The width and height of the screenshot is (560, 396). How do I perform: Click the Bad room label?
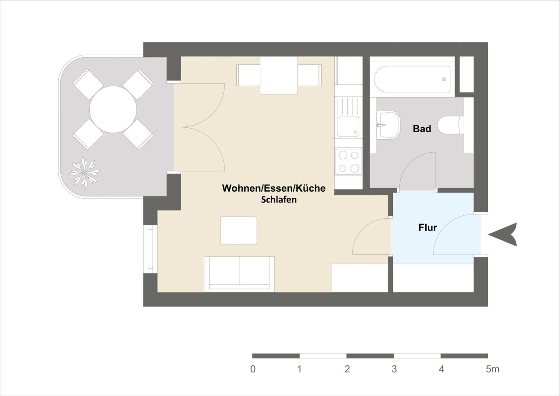pyautogui.click(x=422, y=129)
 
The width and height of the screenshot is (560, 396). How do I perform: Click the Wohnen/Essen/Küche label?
pyautogui.click(x=274, y=188)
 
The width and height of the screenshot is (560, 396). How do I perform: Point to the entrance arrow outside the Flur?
pyautogui.click(x=503, y=235)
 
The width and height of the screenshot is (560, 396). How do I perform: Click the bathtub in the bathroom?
pyautogui.click(x=412, y=79)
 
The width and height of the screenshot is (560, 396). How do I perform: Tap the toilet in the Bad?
pyautogui.click(x=451, y=125)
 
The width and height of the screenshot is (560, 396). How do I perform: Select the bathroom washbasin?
pyautogui.click(x=388, y=125)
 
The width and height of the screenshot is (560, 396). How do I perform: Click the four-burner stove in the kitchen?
pyautogui.click(x=348, y=161)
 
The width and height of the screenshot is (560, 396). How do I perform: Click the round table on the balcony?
pyautogui.click(x=113, y=109)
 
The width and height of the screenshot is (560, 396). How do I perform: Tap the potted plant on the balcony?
pyautogui.click(x=84, y=172)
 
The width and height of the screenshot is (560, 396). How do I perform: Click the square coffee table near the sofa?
pyautogui.click(x=238, y=230)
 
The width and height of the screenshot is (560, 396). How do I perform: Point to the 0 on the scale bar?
pyautogui.click(x=253, y=369)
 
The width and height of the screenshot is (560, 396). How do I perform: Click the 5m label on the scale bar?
pyautogui.click(x=492, y=369)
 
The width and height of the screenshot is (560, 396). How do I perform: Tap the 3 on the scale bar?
pyautogui.click(x=394, y=369)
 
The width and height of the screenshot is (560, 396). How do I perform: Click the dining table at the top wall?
pyautogui.click(x=279, y=75)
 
